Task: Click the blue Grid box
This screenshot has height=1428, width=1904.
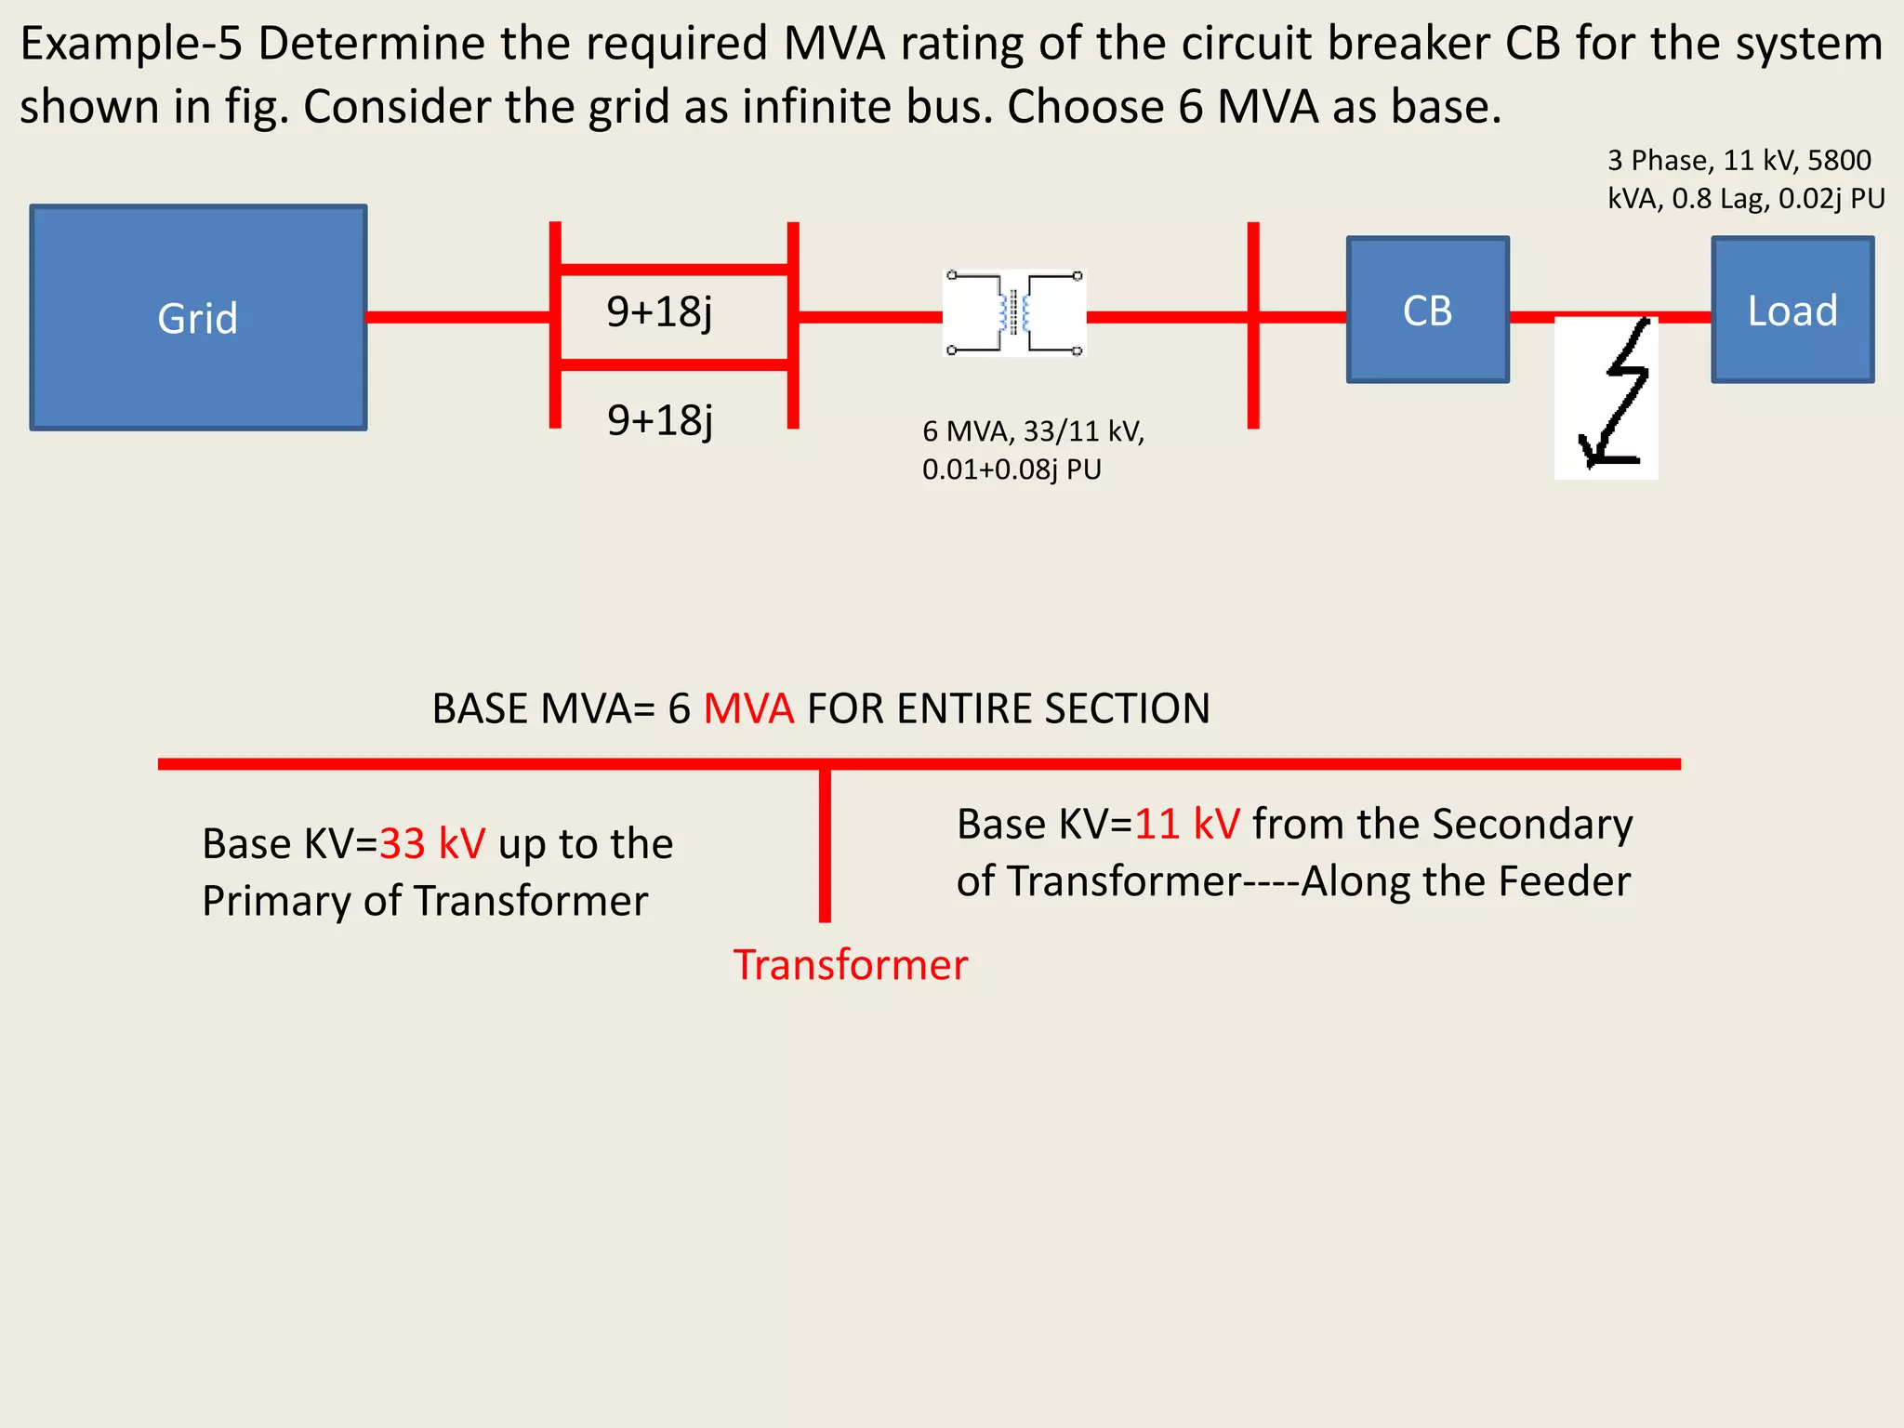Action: (x=198, y=317)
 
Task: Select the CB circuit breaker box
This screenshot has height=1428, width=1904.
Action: (x=1427, y=310)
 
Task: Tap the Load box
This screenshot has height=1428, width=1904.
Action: (x=1792, y=310)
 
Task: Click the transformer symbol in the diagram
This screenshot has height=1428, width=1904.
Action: (x=1014, y=313)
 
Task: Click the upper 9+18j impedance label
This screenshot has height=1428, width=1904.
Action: (x=659, y=311)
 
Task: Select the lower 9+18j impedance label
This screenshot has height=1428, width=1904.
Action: (x=659, y=420)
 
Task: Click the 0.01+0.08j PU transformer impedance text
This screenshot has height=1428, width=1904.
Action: (x=1011, y=469)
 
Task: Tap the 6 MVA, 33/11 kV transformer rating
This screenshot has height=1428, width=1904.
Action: (x=1033, y=431)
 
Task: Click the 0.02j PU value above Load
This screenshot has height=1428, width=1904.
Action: (x=1831, y=198)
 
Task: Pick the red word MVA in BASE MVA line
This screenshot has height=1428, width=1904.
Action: (x=748, y=708)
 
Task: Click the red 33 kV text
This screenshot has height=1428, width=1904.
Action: (x=432, y=844)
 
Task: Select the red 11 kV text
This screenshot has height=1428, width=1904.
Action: (x=1187, y=824)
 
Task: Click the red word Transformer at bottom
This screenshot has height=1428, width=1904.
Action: (x=850, y=965)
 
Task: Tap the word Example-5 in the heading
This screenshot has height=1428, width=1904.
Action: (x=131, y=44)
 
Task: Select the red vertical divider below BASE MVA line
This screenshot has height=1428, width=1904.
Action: (x=825, y=846)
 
